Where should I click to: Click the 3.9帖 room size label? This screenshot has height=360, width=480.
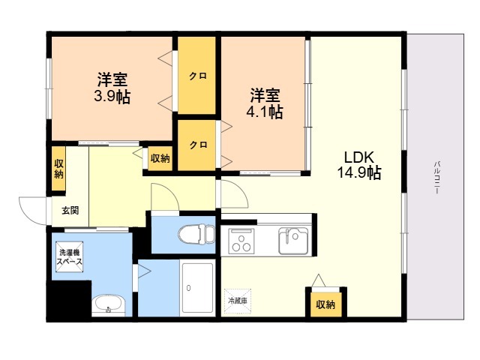(112, 97)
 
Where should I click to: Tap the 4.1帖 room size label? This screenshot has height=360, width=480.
(265, 112)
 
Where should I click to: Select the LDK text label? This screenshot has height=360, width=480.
(359, 157)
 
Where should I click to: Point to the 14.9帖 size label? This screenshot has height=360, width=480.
(359, 172)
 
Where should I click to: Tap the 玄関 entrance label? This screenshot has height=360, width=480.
(70, 210)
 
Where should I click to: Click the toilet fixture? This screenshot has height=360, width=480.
(196, 235)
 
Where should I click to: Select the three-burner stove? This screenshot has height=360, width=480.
(241, 241)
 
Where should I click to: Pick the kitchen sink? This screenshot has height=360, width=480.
(293, 241)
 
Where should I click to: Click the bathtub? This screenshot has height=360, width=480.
(198, 287)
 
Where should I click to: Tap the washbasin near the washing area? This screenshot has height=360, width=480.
(108, 304)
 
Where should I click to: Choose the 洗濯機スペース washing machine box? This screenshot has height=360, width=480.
(70, 256)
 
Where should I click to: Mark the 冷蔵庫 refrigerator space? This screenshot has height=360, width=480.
(238, 301)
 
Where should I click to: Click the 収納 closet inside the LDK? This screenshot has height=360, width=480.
(325, 304)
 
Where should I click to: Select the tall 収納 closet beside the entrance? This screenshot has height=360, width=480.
(58, 168)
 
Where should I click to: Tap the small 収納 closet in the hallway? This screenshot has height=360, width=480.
(160, 158)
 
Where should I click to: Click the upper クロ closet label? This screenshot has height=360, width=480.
(198, 75)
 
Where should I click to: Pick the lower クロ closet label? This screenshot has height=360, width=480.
(198, 145)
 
